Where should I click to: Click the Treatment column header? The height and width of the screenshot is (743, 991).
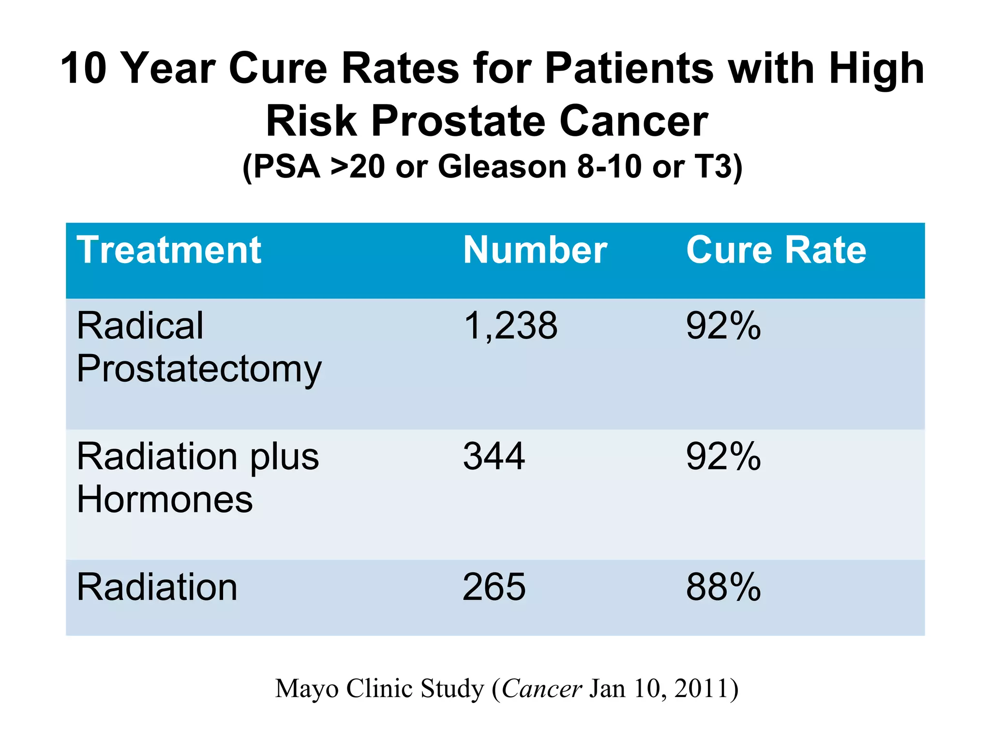coord(169,250)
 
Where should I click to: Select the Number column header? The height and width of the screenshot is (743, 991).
coord(535,250)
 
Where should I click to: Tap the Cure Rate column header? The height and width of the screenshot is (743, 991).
coord(776,250)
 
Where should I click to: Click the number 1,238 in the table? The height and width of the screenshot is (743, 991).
coord(510,326)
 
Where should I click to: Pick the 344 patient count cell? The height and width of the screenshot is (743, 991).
coord(494,457)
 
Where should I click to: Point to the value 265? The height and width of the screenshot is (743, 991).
coord(494,587)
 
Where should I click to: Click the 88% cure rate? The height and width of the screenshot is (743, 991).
coord(723,587)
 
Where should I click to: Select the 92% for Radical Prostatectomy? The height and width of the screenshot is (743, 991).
coord(723,326)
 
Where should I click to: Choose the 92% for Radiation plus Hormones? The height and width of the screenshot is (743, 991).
coord(723,457)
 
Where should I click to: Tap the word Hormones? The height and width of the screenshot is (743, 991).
coord(165,500)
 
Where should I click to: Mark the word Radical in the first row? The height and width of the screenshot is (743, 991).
coord(140,326)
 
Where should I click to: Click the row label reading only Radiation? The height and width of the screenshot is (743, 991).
coord(157,587)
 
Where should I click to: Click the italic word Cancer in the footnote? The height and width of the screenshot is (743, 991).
coord(541,688)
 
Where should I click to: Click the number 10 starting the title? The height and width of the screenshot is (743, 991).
coord(83,69)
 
